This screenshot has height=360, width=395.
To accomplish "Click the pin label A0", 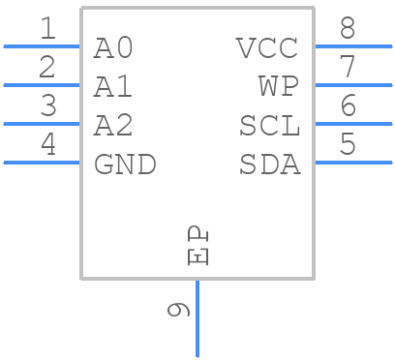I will (113, 47).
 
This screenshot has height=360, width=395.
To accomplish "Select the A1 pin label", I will (113, 87).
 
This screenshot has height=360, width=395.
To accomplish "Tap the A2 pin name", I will (113, 126).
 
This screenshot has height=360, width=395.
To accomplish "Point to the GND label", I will (125, 165).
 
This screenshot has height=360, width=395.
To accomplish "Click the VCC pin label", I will (268, 47).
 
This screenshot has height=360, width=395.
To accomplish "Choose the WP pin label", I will (279, 87).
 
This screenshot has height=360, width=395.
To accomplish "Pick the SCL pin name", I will (270, 126).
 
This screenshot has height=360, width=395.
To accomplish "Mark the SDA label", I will (270, 165).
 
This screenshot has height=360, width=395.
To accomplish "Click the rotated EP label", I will (197, 246).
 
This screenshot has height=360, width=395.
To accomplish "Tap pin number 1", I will (47, 29).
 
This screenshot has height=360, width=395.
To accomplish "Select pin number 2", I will (47, 68).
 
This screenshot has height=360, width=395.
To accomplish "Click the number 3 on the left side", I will (47, 106).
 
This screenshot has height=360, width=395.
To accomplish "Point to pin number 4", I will (47, 145).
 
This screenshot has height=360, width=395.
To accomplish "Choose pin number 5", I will (348, 145).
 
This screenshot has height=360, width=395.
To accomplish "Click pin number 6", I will (348, 106).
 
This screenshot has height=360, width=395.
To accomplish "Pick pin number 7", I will (348, 68).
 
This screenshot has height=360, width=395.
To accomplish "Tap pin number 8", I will (348, 29).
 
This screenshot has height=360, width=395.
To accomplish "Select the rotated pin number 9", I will (178, 310).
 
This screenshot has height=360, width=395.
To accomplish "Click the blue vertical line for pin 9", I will (197, 319).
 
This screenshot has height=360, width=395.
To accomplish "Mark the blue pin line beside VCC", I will (353, 45).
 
